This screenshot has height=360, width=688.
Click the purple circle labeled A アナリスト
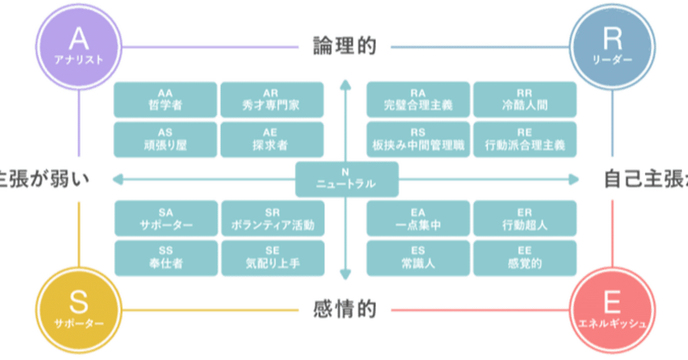(79, 46)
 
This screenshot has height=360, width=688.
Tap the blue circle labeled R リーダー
(612, 46)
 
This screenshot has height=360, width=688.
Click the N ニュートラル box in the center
(346, 179)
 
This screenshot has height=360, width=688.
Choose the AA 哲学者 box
(165, 99)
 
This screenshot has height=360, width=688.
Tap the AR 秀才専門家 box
(272, 99)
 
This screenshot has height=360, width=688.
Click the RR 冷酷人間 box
(525, 99)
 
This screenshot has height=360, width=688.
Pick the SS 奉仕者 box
(165, 258)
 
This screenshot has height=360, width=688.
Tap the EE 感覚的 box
(525, 258)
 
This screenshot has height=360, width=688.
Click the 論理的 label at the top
(345, 47)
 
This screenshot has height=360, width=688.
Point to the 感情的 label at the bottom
(345, 310)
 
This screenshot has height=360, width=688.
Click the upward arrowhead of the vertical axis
(346, 83)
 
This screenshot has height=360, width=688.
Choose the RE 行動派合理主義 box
(525, 140)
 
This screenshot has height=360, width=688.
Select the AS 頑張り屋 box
(165, 140)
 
